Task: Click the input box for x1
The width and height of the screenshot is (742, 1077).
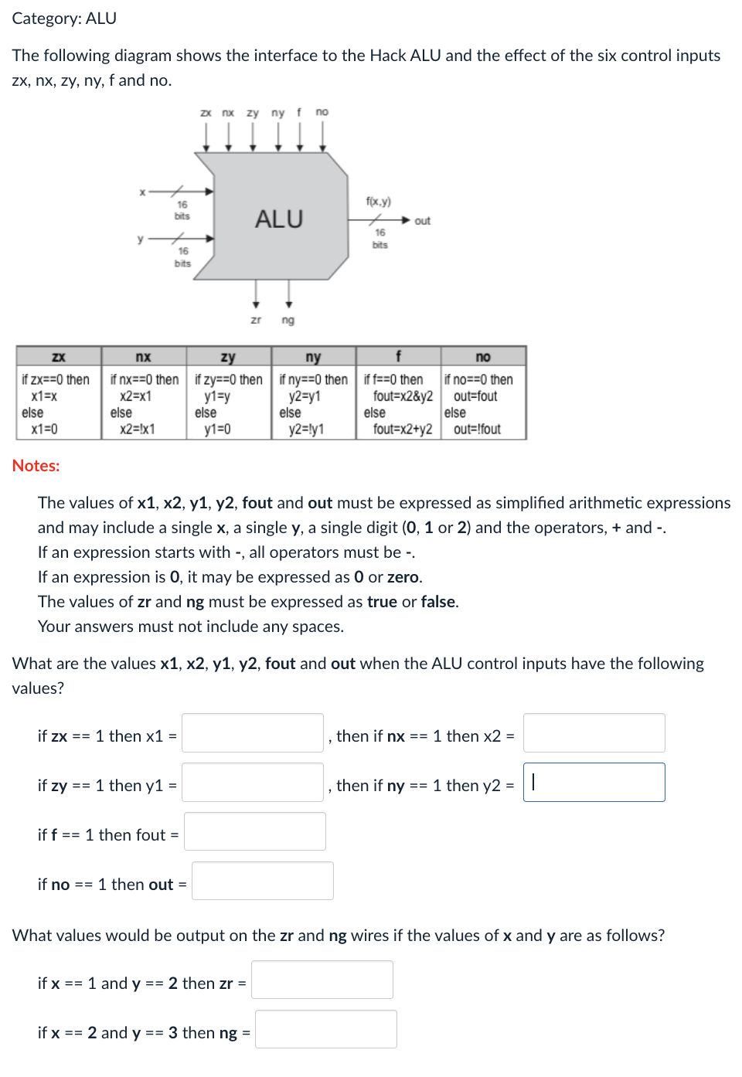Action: pos(252,733)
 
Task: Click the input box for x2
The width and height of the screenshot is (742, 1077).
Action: pos(594,733)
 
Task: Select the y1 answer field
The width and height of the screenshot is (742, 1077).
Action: pos(252,783)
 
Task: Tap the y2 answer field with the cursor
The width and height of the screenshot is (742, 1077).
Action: pos(594,783)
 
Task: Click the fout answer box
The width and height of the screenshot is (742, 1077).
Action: pos(254,832)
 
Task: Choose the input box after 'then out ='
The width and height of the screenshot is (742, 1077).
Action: pos(262,882)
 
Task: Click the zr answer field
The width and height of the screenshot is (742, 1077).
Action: pos(322,980)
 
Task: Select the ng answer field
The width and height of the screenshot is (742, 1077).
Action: pos(325,1030)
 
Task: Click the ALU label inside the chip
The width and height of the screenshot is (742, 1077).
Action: pos(279,219)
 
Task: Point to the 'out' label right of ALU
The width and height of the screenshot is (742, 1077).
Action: pos(422,221)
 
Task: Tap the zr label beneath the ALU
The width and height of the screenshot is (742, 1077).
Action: pos(256,320)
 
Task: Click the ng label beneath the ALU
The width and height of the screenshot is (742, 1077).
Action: pos(288,320)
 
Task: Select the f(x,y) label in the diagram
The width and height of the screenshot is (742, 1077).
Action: pos(379,202)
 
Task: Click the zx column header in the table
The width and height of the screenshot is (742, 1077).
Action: pos(59,357)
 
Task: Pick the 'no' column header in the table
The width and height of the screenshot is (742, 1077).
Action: pos(483,357)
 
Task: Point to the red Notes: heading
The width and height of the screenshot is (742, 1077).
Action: pos(36,466)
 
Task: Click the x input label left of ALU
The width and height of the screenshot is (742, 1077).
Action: pos(142,192)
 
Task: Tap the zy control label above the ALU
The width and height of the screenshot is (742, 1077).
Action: pos(253,113)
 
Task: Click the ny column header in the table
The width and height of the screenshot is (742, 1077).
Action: pos(313,357)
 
